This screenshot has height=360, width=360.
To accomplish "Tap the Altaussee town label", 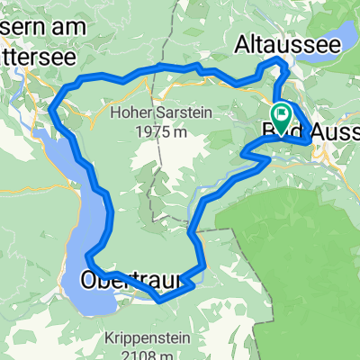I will [x=274, y=43].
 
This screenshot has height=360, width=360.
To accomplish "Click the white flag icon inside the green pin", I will [x=280, y=114].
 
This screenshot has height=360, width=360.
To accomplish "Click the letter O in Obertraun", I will [x=93, y=280].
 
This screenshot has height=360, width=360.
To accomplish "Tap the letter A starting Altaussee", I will [x=243, y=43].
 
